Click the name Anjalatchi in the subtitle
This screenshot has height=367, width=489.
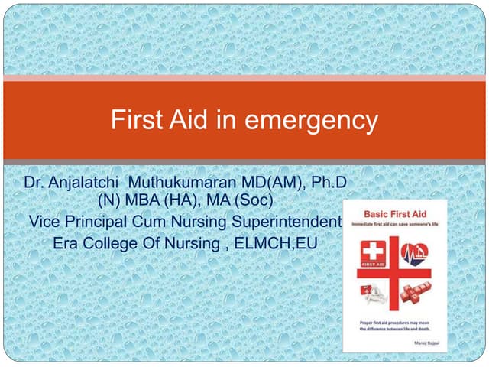(x=85, y=183)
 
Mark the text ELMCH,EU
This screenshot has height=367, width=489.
(x=276, y=243)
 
